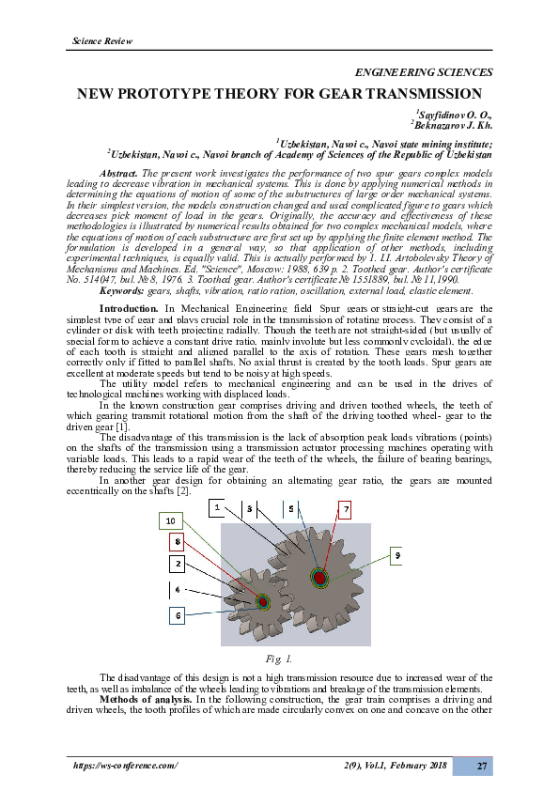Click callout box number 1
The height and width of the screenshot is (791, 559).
(x=217, y=507)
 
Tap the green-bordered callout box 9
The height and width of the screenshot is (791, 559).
(x=397, y=556)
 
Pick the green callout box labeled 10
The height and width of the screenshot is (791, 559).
(x=170, y=520)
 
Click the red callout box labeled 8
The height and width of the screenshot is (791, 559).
(x=177, y=542)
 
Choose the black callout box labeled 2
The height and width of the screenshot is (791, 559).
(x=177, y=564)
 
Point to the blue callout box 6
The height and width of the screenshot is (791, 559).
(x=177, y=615)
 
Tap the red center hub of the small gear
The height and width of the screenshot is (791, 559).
(x=262, y=602)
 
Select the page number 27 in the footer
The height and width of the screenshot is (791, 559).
(x=480, y=767)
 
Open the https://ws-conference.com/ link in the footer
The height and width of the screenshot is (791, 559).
(x=125, y=767)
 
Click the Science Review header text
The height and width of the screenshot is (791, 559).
(x=102, y=41)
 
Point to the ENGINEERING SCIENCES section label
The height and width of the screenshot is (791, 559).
(x=423, y=72)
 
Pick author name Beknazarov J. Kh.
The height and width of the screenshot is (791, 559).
(x=453, y=124)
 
